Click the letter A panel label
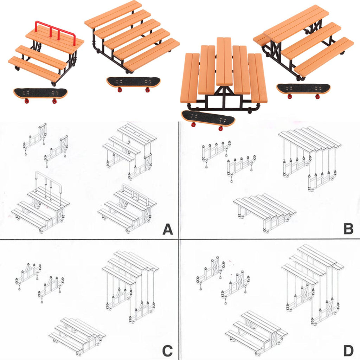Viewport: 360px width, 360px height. (x=168, y=230)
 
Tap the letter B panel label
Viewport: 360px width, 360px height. (x=348, y=229)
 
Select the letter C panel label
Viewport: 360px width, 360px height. (x=168, y=351)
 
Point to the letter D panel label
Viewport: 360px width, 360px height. (x=348, y=351)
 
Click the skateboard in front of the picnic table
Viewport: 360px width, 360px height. (x=208, y=119)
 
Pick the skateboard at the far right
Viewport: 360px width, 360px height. (x=303, y=89)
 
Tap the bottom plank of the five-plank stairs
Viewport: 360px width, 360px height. (x=151, y=54)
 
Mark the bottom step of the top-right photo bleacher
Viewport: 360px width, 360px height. (x=323, y=56)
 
